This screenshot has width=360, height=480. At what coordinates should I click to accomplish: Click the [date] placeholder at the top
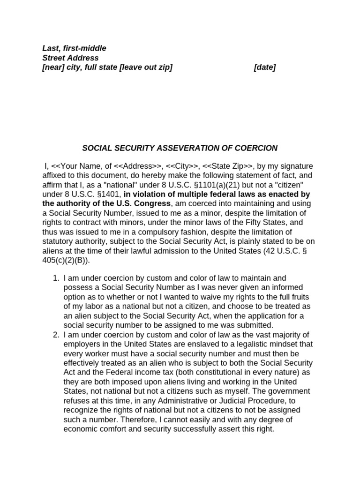[x=264, y=67]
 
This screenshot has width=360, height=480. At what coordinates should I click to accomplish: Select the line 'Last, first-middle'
[x=74, y=48]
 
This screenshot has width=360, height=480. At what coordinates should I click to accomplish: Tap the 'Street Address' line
[x=70, y=58]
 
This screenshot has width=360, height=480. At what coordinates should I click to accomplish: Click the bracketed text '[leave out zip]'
[x=146, y=67]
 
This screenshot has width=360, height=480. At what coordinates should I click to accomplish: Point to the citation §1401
[x=107, y=194]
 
